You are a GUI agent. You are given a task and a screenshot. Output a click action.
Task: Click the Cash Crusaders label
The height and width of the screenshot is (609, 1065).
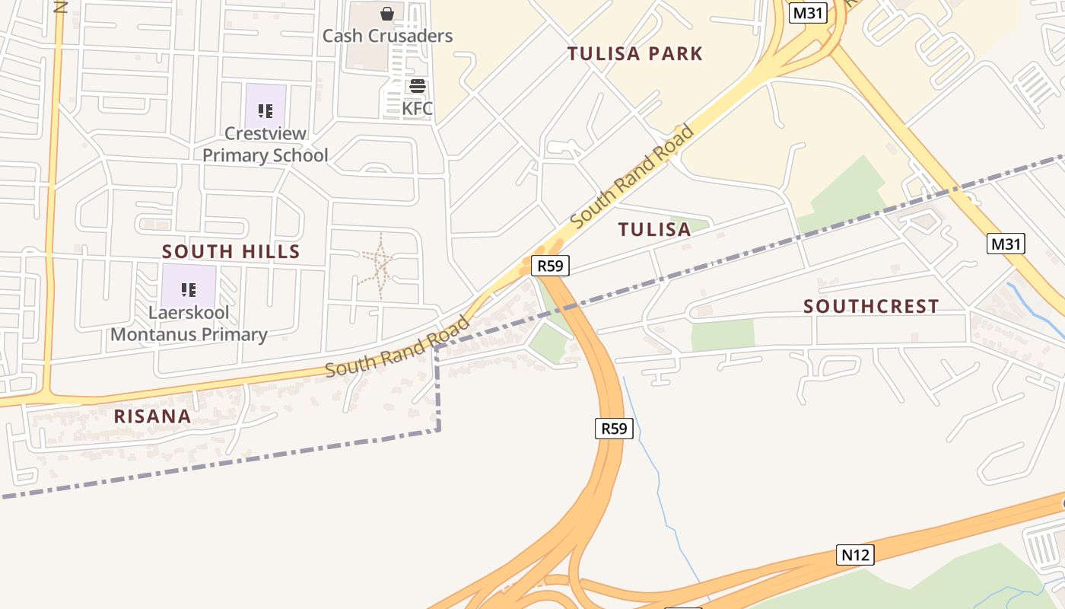point(387,36)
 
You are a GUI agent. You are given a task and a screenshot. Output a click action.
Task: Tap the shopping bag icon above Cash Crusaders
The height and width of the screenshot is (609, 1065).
point(387,13)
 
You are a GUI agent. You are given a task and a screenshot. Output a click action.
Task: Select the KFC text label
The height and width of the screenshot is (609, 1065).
point(417,108)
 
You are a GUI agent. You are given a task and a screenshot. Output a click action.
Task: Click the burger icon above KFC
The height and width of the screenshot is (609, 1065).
point(417,85)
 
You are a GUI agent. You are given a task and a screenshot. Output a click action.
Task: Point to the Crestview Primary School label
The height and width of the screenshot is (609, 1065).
point(265,144)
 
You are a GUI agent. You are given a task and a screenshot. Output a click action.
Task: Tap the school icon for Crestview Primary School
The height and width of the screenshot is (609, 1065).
point(265,111)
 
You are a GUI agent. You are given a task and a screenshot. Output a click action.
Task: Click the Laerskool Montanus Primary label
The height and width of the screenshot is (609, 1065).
point(189,324)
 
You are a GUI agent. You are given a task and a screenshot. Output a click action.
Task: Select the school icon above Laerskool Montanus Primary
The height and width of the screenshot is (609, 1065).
point(188,289)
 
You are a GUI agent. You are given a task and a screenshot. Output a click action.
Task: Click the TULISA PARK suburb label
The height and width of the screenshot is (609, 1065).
point(635,53)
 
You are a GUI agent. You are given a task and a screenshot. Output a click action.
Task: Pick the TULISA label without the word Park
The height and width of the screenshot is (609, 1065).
point(654,229)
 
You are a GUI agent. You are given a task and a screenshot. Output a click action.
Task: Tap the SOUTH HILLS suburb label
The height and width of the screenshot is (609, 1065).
point(231,251)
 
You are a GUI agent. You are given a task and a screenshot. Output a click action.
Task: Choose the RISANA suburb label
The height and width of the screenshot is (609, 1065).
point(152,416)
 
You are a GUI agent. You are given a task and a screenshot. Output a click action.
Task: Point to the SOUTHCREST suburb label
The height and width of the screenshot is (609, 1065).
point(871,306)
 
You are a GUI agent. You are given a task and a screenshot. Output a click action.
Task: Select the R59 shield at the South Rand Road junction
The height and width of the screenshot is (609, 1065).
point(549,266)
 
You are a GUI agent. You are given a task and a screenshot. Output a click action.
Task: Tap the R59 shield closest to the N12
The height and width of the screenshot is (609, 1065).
point(613,429)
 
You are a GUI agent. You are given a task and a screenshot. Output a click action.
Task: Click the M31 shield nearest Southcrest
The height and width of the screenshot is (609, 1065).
point(1006,244)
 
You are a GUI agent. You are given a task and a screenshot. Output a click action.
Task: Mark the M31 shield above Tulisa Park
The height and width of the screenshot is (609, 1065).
point(807,13)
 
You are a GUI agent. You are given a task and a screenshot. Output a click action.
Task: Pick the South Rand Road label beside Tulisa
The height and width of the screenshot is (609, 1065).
point(633,176)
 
